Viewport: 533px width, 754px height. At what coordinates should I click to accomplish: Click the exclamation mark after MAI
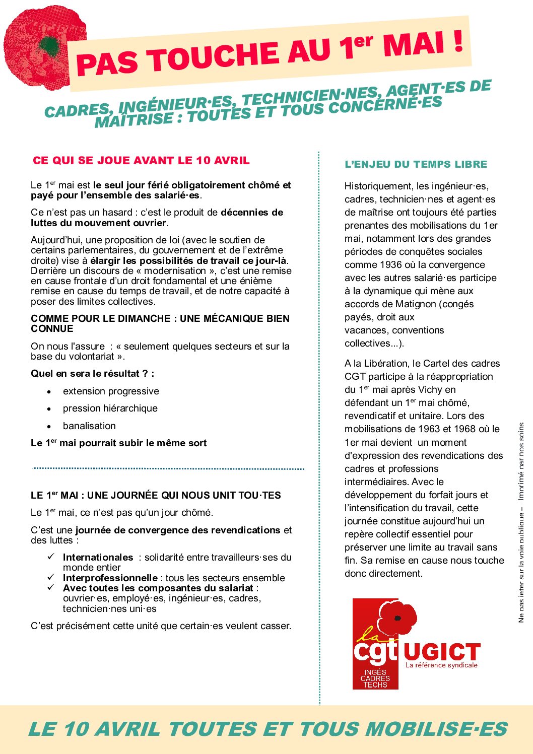457,41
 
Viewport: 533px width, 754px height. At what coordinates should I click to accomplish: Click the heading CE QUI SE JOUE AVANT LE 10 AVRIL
141,161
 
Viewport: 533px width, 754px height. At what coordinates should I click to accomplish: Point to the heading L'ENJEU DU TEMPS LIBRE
416,164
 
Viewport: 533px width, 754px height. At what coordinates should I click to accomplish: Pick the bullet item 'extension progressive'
111,391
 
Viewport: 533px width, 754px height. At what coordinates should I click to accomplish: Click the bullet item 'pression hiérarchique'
110,408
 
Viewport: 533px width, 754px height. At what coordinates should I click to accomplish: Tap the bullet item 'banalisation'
89,426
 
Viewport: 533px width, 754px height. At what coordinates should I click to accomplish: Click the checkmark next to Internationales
51,557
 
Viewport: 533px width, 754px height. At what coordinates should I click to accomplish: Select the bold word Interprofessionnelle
110,578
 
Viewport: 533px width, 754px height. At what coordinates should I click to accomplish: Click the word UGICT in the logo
441,652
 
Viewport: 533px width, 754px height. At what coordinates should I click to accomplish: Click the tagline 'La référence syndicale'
441,665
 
